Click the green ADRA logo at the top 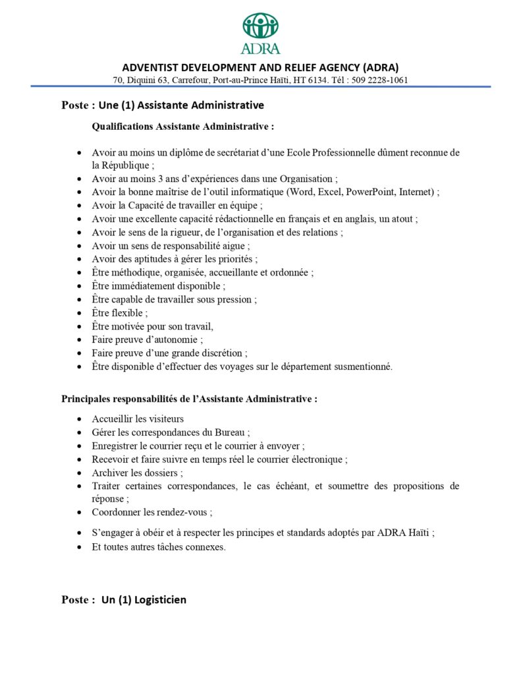[261, 33]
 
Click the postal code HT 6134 [310, 80]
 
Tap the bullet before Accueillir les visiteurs [79, 419]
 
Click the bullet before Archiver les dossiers [79, 473]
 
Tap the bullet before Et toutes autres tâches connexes [79, 547]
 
